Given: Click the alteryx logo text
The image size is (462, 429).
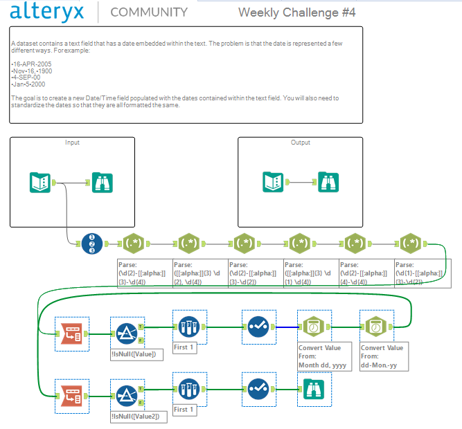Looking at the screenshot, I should (x=48, y=12).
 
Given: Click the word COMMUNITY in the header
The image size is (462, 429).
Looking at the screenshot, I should (x=149, y=12).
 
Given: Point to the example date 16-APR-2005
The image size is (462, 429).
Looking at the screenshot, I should (x=32, y=64).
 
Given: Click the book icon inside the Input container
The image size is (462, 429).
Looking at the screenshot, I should (x=41, y=183).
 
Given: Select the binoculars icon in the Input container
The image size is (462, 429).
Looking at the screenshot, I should (x=102, y=183).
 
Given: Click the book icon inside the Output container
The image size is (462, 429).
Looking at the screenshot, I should (x=273, y=182).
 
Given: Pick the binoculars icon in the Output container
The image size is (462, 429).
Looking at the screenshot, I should (x=328, y=182).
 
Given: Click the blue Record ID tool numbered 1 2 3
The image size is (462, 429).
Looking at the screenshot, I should (x=92, y=244).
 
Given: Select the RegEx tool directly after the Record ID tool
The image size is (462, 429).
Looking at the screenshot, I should (x=134, y=244).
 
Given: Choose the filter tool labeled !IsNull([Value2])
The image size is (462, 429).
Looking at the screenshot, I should (x=127, y=394).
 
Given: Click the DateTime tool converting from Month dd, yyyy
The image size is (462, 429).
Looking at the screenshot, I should (x=312, y=325).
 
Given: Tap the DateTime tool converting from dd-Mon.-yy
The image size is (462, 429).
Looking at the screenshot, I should (x=375, y=325).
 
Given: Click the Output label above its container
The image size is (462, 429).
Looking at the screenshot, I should (x=301, y=143).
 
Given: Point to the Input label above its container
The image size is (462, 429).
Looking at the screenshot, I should (x=72, y=143).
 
